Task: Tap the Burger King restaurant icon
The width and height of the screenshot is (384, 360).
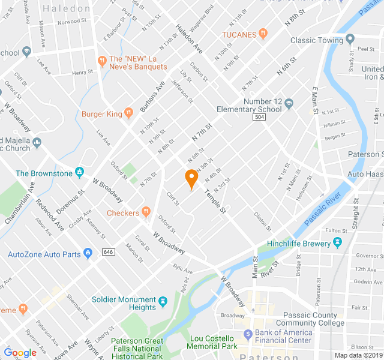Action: coord(128,113)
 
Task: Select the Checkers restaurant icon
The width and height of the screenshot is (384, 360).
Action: coord(146,212)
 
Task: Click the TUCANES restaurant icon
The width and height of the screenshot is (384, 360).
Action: coord(263,35)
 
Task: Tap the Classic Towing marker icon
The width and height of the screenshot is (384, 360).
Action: coord(350,40)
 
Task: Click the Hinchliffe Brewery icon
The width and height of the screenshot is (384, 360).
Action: coord(337,244)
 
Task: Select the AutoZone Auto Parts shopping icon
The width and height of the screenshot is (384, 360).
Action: coord(88,254)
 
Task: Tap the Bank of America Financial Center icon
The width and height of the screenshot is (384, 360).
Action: coord(247,333)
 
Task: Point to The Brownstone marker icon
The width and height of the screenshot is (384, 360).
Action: coord(79,173)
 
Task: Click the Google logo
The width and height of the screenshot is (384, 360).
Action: coord(20,352)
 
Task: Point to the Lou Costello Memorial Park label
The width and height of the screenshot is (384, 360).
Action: coord(213,342)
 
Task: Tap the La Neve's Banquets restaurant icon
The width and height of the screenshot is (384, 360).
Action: coord(102,59)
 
